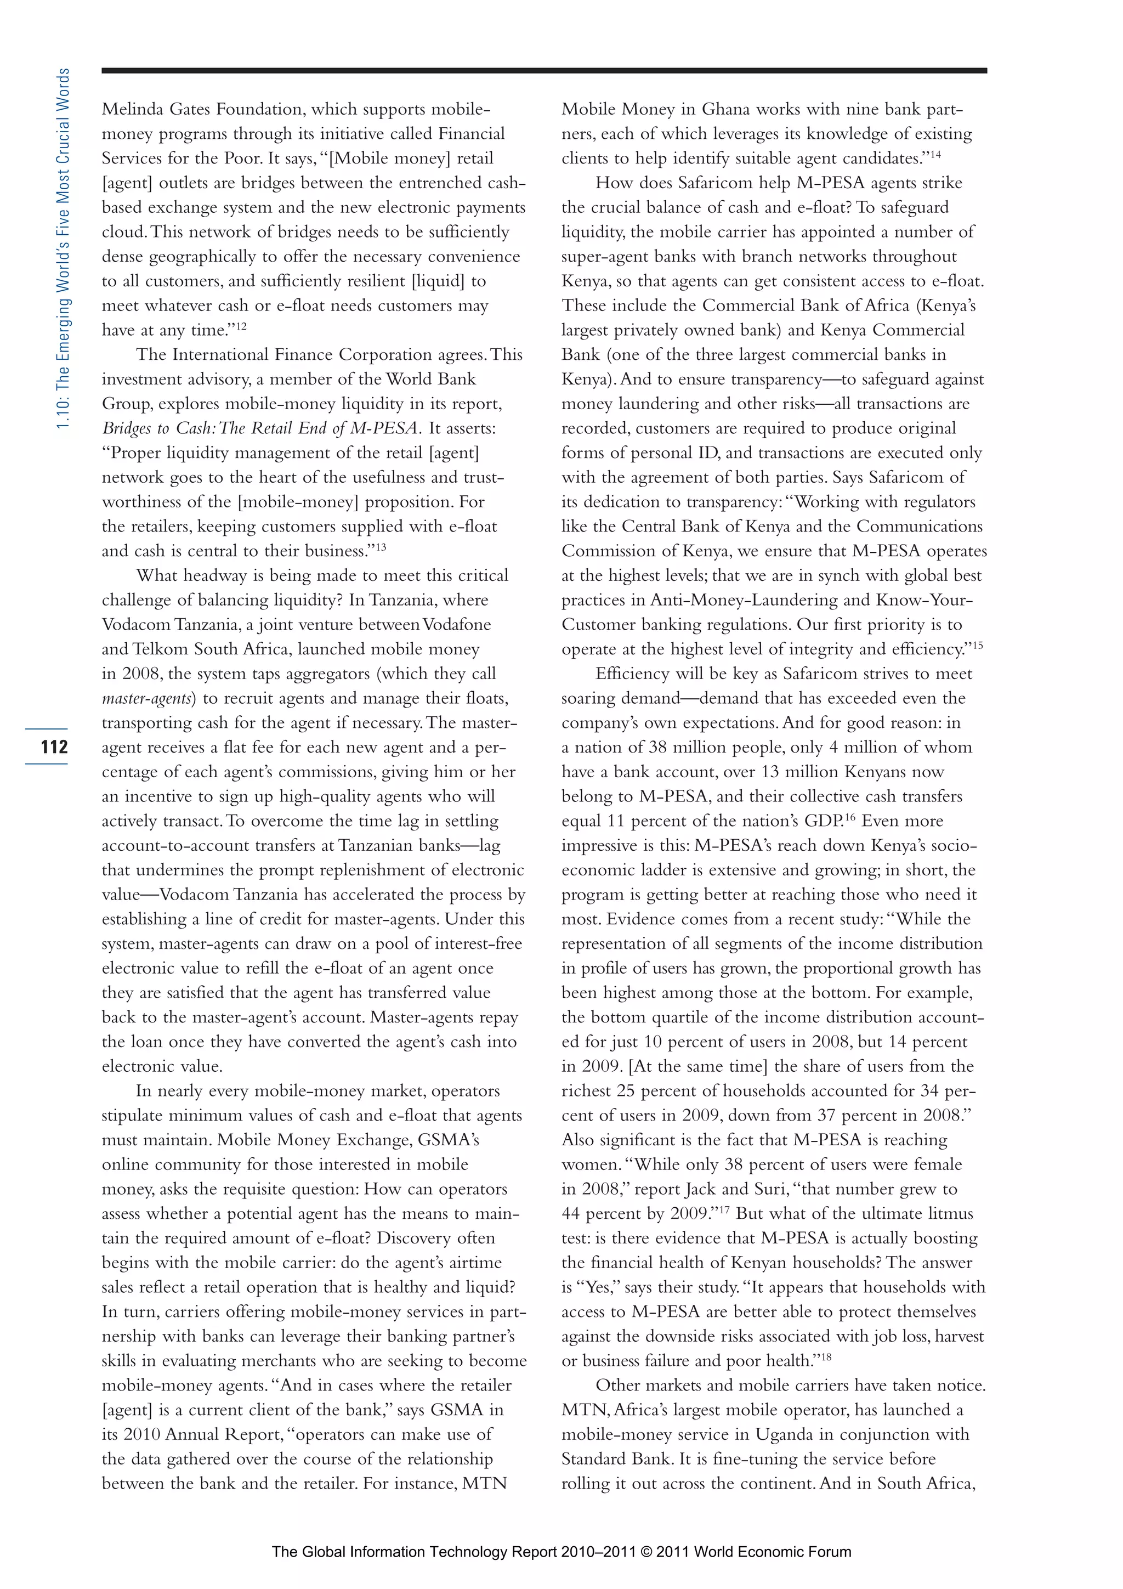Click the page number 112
[54, 747]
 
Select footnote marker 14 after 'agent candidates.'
[935, 154]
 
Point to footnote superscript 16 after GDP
[850, 817]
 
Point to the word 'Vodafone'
[456, 624]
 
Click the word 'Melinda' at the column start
[133, 109]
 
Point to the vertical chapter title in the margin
[63, 248]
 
